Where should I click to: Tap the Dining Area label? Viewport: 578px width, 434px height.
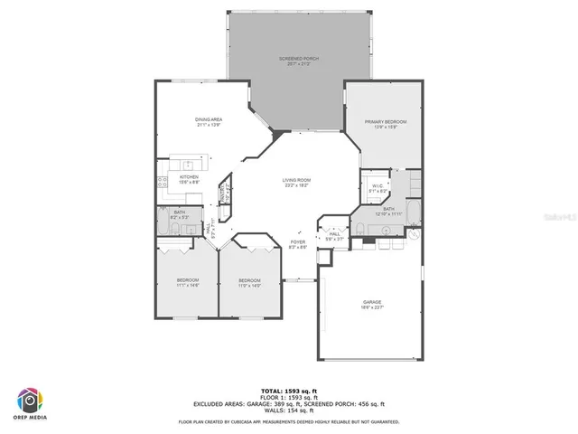click(209, 121)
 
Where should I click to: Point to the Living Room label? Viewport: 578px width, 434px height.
click(295, 183)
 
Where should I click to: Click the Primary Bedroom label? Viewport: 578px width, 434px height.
click(385, 124)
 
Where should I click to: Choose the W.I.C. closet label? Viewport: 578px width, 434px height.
click(378, 189)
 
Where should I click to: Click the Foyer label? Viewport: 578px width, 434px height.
click(297, 245)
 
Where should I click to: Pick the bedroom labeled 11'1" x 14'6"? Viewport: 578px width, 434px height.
click(188, 283)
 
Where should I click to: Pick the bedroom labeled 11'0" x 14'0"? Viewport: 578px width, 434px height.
click(249, 283)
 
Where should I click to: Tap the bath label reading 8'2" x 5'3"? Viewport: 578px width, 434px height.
click(179, 215)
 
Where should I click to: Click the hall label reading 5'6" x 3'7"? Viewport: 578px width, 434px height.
click(334, 236)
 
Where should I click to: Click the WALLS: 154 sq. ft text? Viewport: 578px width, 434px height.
click(289, 411)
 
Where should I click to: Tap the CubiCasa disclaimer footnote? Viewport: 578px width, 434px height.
click(289, 421)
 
